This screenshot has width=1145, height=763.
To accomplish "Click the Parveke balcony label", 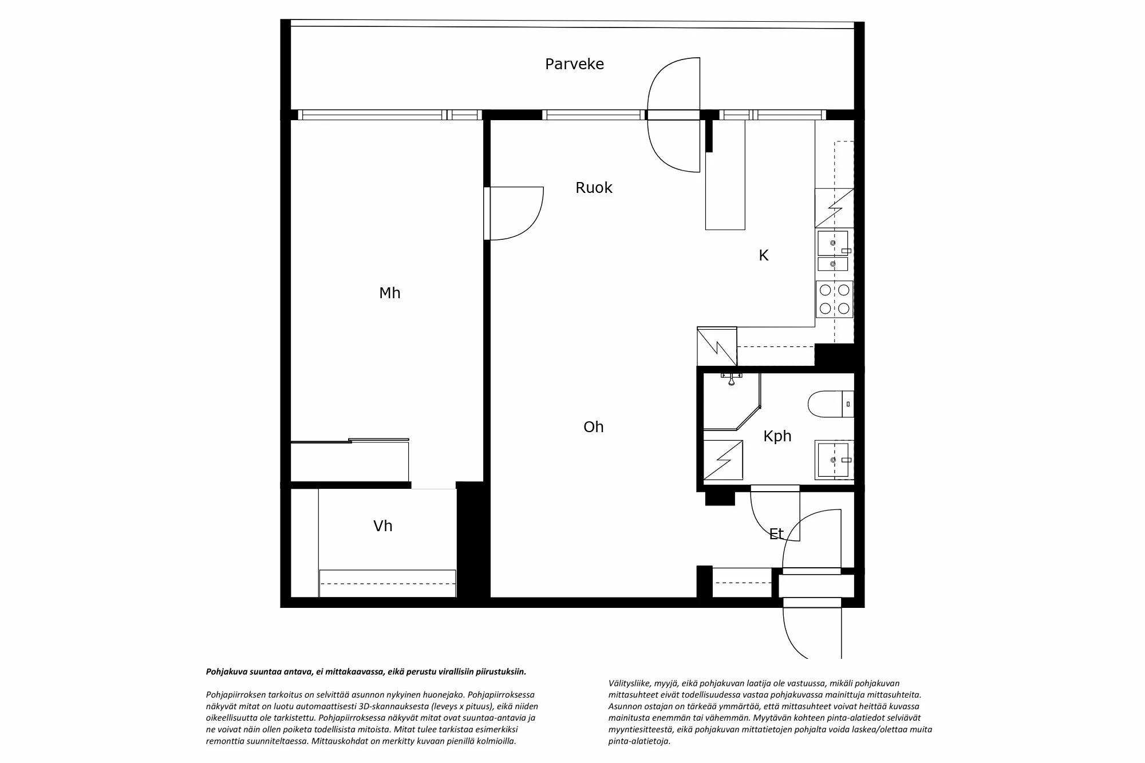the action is [574, 64].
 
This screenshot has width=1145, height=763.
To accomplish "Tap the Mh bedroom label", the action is [390, 293].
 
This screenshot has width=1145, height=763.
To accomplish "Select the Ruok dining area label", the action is [594, 188].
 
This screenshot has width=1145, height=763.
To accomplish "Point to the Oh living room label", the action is [594, 427].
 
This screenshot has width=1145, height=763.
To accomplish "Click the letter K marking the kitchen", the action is [764, 256].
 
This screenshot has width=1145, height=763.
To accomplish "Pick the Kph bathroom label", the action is [777, 436].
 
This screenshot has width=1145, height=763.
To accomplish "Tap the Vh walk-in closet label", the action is [383, 526].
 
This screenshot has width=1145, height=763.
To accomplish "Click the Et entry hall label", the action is [776, 534].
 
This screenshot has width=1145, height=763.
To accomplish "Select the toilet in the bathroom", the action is [831, 404].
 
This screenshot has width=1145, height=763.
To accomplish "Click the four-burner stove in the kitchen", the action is [834, 299].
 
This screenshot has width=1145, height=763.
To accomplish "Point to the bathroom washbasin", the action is [835, 460].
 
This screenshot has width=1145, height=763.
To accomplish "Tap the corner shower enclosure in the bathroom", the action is [732, 401].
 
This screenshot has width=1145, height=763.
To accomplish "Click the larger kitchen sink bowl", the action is [833, 243].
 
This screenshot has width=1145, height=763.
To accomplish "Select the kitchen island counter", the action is [725, 175].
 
